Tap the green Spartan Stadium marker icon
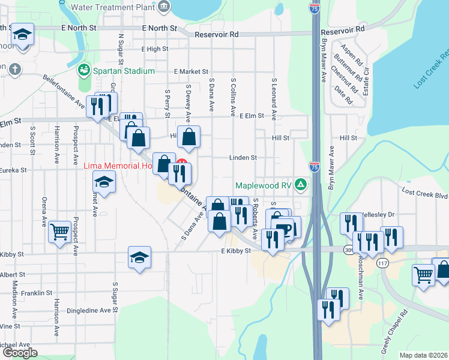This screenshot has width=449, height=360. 84,70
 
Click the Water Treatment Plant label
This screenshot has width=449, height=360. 112,8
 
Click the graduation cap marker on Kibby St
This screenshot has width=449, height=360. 139,257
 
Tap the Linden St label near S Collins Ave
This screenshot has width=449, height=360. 243,158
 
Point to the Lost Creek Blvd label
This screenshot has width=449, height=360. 425,194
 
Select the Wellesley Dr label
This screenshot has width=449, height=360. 379,214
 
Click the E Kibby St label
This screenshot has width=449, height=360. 235,251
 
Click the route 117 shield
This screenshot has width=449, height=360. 382,263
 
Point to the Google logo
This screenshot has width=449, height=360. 20,353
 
